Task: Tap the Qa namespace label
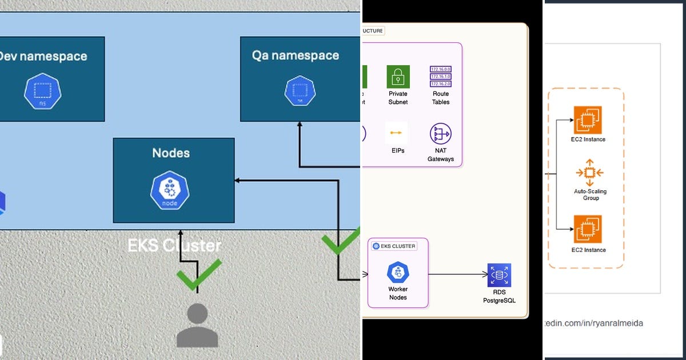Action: (295, 55)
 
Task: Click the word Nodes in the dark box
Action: (171, 153)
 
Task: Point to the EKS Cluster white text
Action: (174, 246)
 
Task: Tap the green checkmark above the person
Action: (198, 274)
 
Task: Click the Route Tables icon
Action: (440, 77)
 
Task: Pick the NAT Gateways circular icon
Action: (440, 134)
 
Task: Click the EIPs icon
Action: (396, 133)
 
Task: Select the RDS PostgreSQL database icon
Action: (499, 275)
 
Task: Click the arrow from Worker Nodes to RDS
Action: (457, 275)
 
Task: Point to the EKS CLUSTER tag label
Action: (394, 246)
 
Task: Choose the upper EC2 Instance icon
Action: (588, 120)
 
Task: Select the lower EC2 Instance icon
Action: (588, 230)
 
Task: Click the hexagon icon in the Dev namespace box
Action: (42, 91)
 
